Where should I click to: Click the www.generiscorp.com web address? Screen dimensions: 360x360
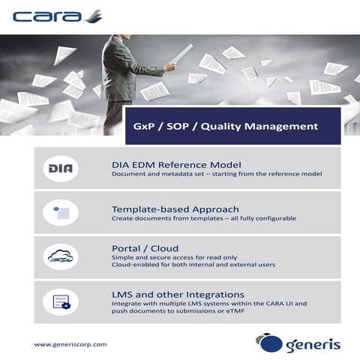pyautogui.click(x=70, y=344)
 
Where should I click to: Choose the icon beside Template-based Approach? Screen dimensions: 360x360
pyautogui.click(x=61, y=212)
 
